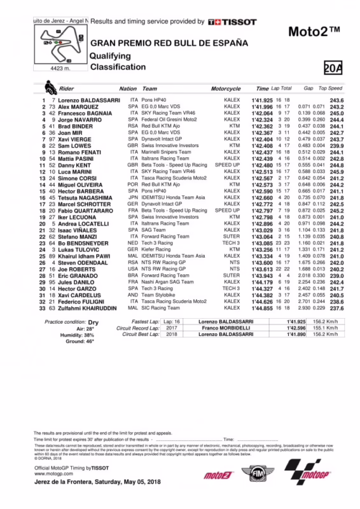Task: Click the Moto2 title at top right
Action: [315, 31]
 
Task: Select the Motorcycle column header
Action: [225, 89]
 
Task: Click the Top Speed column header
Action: [331, 89]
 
